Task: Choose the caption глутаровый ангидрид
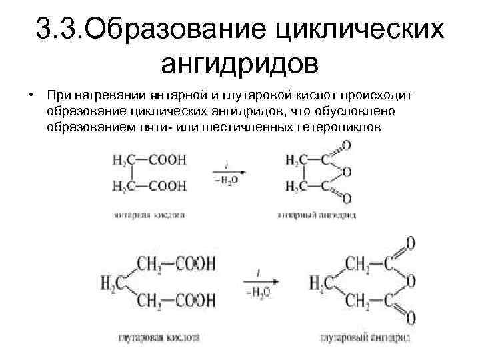coord(363,337)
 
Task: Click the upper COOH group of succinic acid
coord(168,159)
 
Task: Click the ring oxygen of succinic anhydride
coord(346,173)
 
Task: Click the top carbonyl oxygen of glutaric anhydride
coord(411,242)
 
